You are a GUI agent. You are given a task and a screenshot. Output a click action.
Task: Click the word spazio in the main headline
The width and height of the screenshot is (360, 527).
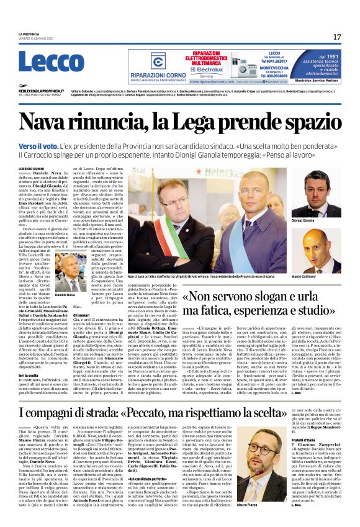(x=309, y=123)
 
